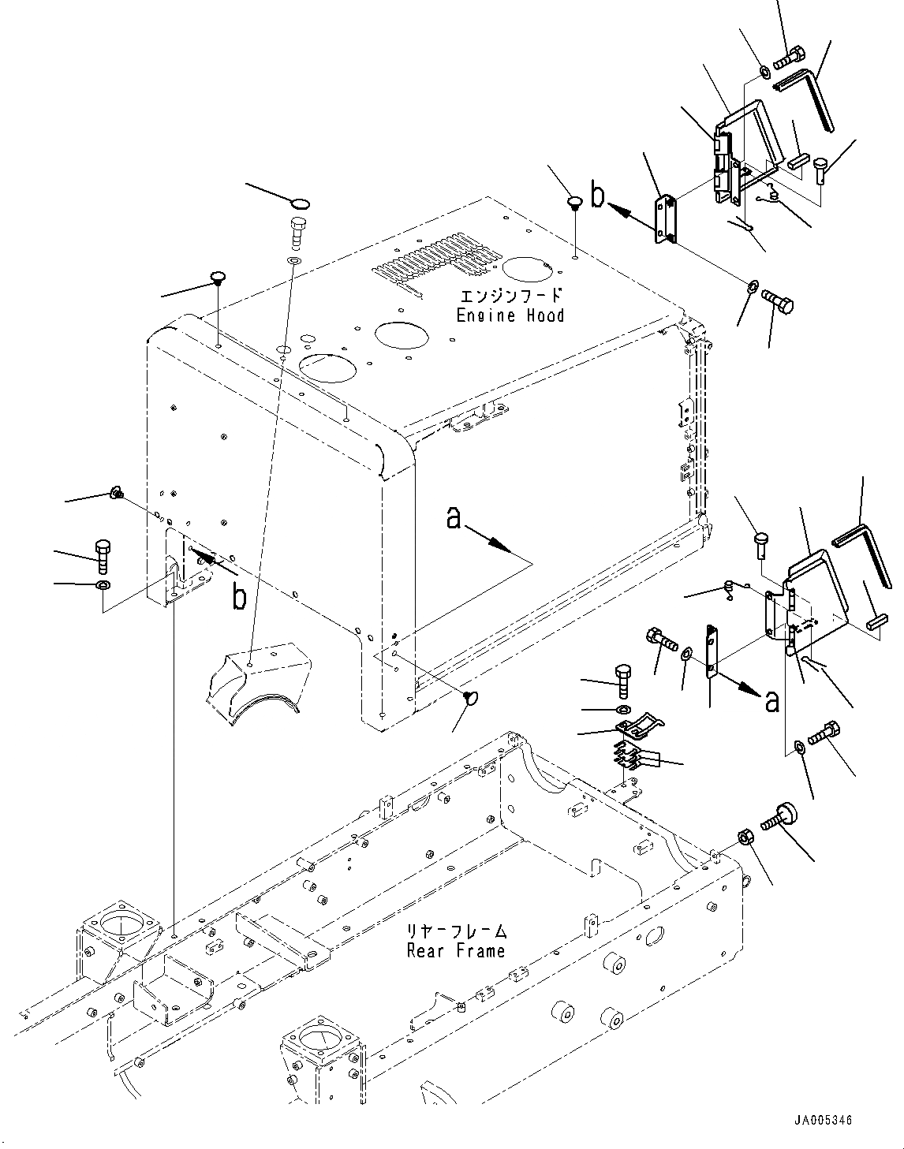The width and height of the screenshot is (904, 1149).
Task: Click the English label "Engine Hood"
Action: coord(510,315)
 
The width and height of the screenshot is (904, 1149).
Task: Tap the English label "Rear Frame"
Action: coord(455,950)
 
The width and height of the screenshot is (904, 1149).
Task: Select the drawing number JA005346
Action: coord(824,1121)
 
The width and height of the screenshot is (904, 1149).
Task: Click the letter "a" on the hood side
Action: coord(454,519)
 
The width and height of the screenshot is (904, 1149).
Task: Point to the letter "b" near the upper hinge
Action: coord(598,195)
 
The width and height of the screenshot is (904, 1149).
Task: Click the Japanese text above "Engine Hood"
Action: coord(511,297)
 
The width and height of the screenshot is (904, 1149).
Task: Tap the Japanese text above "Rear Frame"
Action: coord(457,931)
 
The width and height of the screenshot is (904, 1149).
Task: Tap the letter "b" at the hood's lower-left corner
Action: coord(238,597)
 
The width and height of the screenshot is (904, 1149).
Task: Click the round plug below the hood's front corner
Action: coord(473,697)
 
